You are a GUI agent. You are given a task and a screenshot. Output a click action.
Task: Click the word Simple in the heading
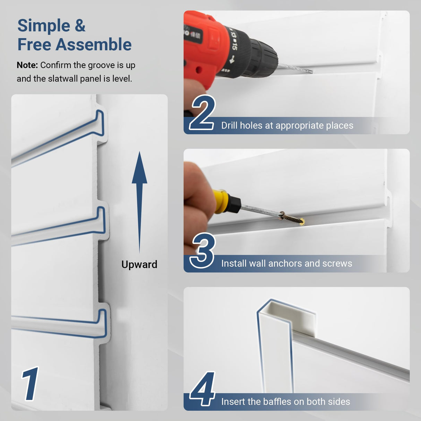pos(44,26)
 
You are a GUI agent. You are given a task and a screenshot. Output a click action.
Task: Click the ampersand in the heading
pos(80,26)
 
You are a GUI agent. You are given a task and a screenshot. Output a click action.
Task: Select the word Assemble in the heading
pos(94,45)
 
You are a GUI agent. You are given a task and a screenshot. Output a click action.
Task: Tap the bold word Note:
pos(27,65)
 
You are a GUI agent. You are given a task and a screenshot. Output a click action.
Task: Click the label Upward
pos(139,265)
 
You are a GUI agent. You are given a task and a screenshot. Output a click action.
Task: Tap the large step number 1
pos(31,384)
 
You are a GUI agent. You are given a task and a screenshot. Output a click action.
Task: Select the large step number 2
pos(203,113)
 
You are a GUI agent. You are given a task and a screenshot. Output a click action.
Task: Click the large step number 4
pos(203,389)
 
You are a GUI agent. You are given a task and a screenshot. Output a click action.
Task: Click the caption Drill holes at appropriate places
pos(287,126)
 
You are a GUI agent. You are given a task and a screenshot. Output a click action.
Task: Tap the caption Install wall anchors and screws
pos(286,264)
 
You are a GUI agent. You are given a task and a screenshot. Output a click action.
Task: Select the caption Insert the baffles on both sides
pos(285,402)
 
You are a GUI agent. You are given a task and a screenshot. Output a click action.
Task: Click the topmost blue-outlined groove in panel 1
pos(59,139)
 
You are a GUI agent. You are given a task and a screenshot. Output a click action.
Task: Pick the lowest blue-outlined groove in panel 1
pos(59,324)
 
